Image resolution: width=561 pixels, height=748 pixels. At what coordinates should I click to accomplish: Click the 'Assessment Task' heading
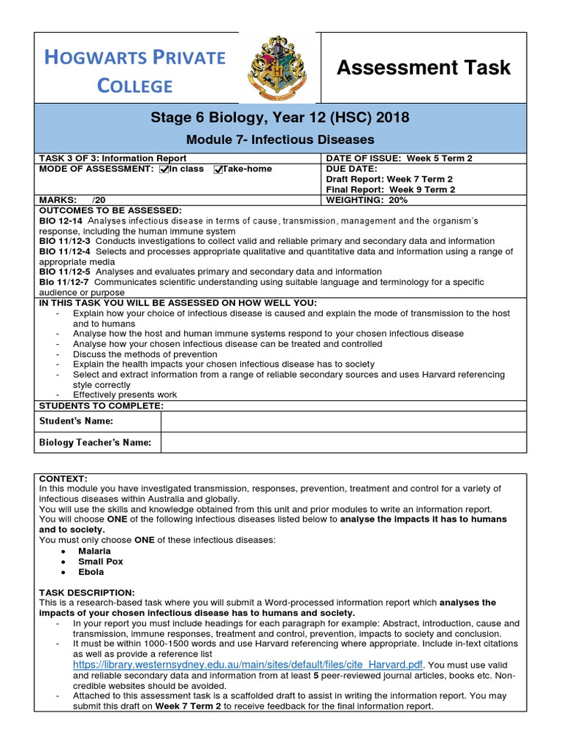(423, 68)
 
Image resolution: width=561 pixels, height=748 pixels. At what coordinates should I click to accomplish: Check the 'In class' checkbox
(164, 169)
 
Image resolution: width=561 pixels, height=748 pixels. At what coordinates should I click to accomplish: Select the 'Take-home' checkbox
(218, 169)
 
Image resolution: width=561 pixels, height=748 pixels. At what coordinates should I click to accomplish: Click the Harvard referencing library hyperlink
(248, 665)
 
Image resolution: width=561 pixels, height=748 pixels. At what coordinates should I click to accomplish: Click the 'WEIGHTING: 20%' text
(367, 199)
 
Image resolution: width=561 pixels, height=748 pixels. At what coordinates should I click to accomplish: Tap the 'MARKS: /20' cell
(74, 199)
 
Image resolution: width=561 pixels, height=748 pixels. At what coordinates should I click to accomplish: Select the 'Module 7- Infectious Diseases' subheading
(280, 139)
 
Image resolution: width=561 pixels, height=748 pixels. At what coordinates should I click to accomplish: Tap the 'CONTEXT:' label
(63, 478)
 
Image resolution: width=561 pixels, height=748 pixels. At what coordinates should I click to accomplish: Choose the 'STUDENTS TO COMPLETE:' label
(101, 405)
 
